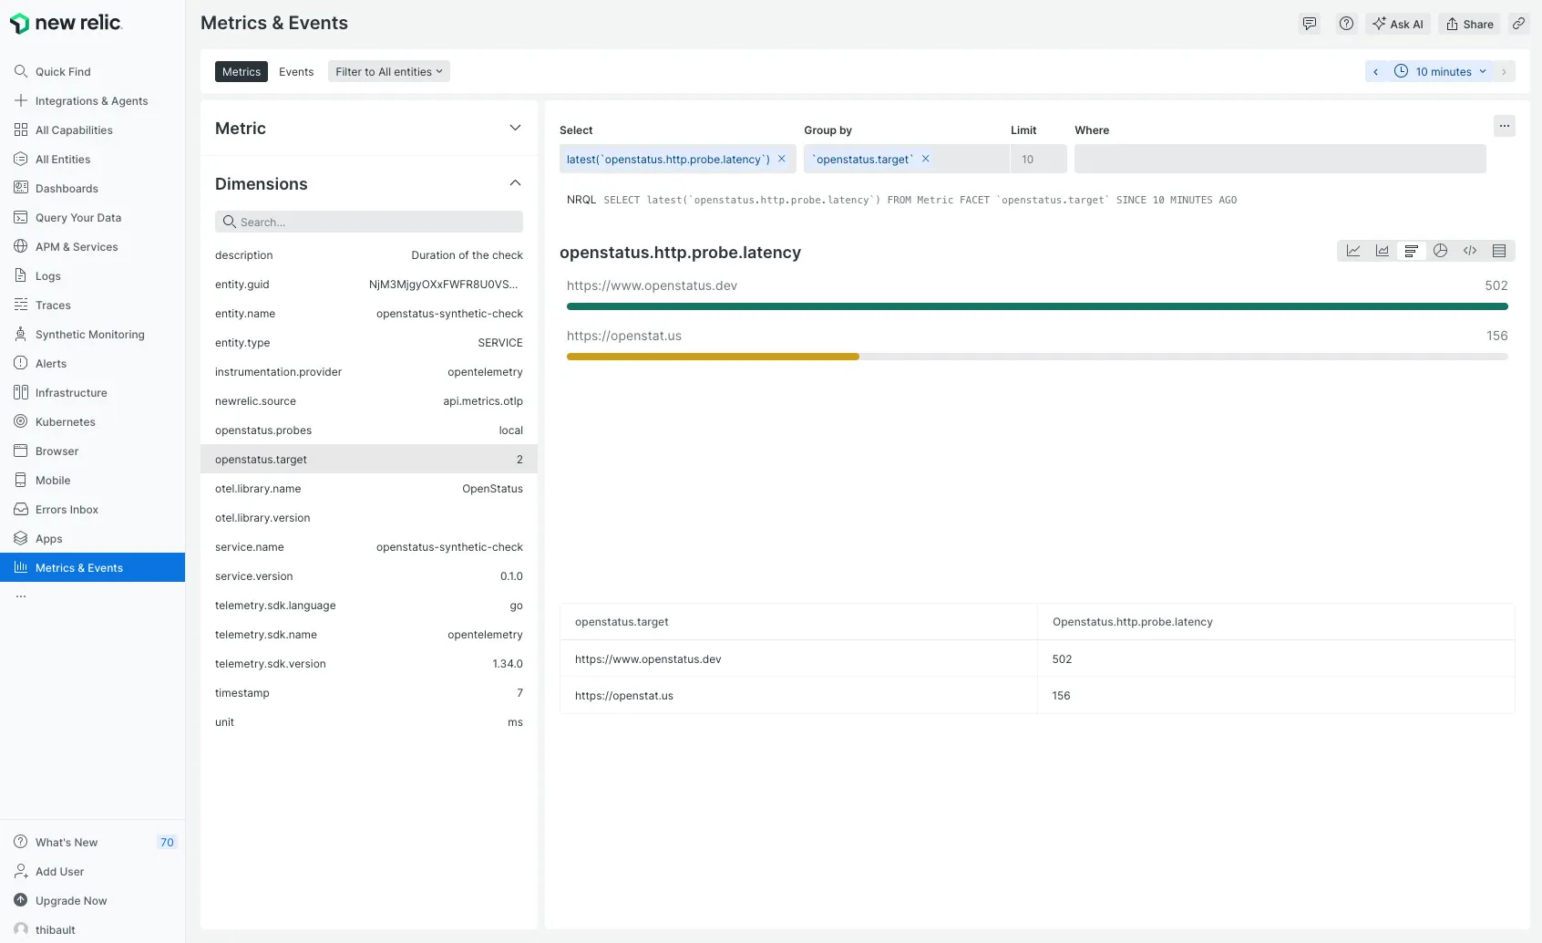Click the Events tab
pyautogui.click(x=296, y=72)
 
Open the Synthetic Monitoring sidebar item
pyautogui.click(x=89, y=335)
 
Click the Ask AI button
pyautogui.click(x=1398, y=25)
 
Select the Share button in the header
pyautogui.click(x=1470, y=25)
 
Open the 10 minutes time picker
pyautogui.click(x=1443, y=72)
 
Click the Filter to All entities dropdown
pyautogui.click(x=388, y=72)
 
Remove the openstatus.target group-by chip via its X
pyautogui.click(x=925, y=159)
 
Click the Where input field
pyautogui.click(x=1280, y=159)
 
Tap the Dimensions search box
pyautogui.click(x=369, y=222)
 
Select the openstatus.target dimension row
pyautogui.click(x=368, y=459)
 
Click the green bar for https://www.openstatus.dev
pyautogui.click(x=1036, y=306)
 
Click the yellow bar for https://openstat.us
pyautogui.click(x=713, y=357)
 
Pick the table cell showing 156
pyautogui.click(x=1062, y=696)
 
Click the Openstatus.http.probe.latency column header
pyautogui.click(x=1132, y=622)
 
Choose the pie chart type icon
pyautogui.click(x=1440, y=251)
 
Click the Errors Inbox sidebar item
pyautogui.click(x=67, y=510)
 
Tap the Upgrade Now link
pyautogui.click(x=71, y=901)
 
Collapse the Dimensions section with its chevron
pyautogui.click(x=515, y=183)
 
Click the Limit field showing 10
pyautogui.click(x=1038, y=159)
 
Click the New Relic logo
pyautogui.click(x=66, y=23)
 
